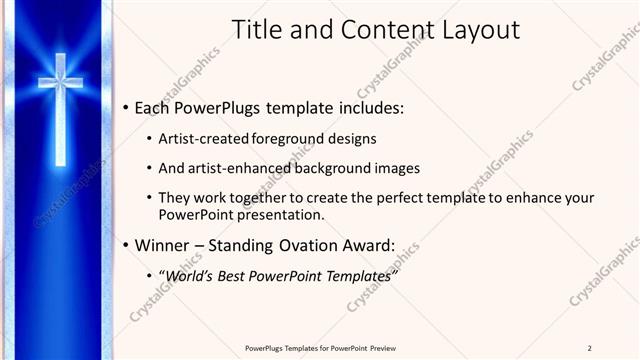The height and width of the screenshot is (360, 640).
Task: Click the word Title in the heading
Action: [x=255, y=30]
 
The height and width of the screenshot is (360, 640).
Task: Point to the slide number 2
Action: [x=590, y=348]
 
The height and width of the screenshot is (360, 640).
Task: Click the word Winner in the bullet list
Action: [x=164, y=244]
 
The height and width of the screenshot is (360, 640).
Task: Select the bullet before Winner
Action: [x=123, y=244]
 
